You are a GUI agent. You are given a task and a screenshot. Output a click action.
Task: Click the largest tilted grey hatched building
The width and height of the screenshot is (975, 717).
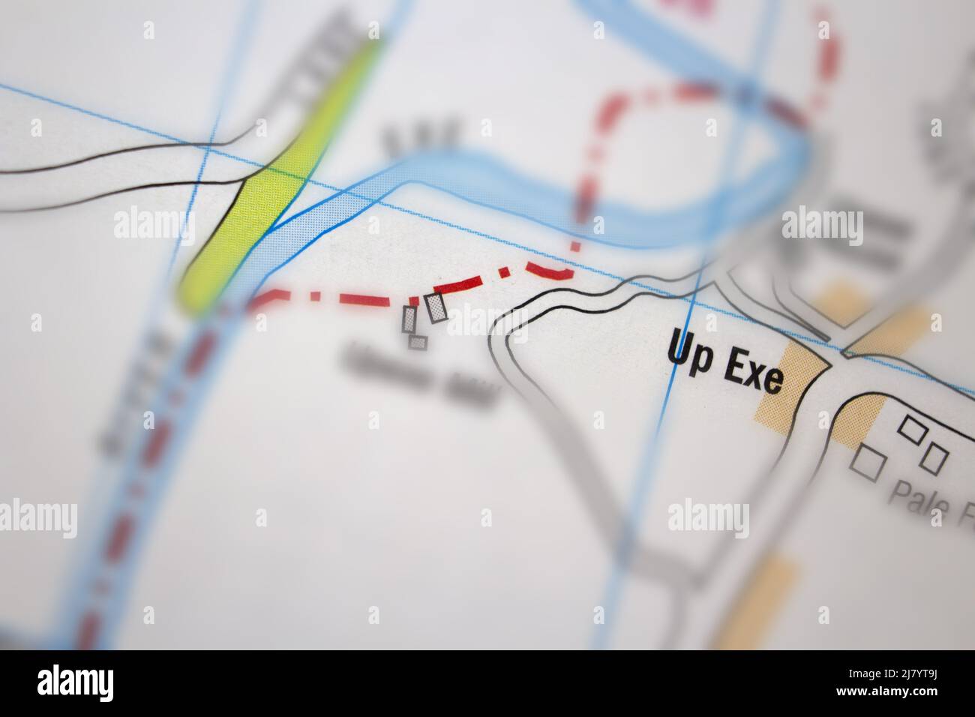(x=436, y=307)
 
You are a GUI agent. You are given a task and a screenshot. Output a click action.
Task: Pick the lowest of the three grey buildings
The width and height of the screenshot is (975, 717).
(x=418, y=342)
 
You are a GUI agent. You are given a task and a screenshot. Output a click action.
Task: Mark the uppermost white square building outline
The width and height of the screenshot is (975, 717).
(x=911, y=430)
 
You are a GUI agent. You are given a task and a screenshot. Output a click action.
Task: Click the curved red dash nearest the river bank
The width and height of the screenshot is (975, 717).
(x=551, y=269)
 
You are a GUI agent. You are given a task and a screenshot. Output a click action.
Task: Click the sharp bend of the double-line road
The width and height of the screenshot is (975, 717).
(x=502, y=330)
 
